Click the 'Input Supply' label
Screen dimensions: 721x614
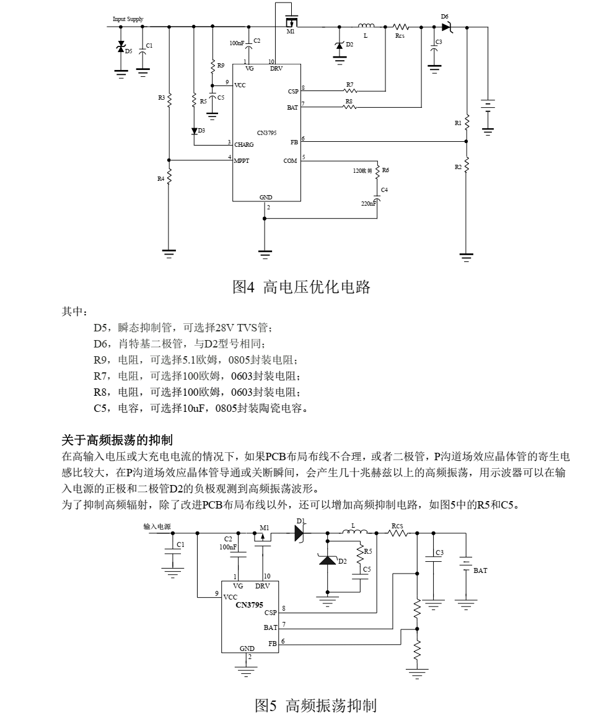[128, 19]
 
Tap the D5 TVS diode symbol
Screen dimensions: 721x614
[121, 48]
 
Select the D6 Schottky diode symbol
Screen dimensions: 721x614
[446, 27]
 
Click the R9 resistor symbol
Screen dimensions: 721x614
[213, 64]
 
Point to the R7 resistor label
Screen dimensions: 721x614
[349, 84]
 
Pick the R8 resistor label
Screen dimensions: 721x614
[349, 101]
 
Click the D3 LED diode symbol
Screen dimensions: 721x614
[194, 131]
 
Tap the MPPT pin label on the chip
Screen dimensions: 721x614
[242, 161]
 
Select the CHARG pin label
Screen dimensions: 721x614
[244, 144]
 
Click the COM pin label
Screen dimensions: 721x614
[290, 161]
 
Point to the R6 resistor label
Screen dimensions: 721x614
[385, 170]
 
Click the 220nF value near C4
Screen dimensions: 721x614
[368, 203]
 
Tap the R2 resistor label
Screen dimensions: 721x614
[458, 167]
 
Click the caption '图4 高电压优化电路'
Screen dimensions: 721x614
[301, 287]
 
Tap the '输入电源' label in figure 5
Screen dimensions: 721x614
[157, 527]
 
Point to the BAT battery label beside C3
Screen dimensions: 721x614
[480, 570]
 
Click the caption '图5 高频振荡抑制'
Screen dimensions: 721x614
[315, 705]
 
